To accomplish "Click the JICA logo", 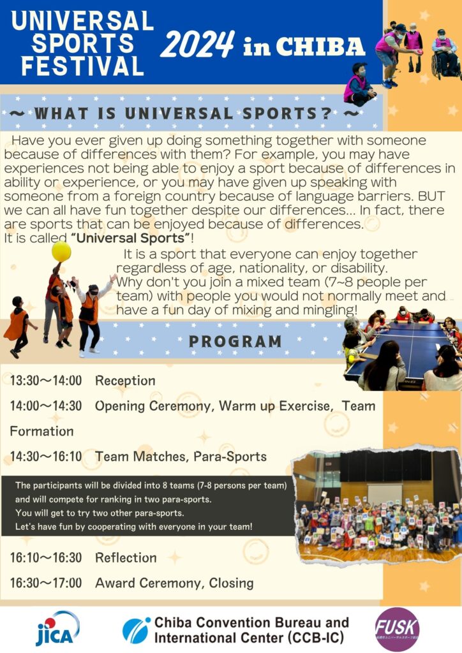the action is pyautogui.click(x=57, y=628).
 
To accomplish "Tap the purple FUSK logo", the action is pyautogui.click(x=397, y=629).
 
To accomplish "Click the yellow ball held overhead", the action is pyautogui.click(x=61, y=251).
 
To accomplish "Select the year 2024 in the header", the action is pyautogui.click(x=198, y=45).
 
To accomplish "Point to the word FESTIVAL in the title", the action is pyautogui.click(x=82, y=66).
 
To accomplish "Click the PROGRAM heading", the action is pyautogui.click(x=235, y=342).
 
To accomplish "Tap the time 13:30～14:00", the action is pyautogui.click(x=46, y=380).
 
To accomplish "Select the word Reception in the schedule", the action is pyautogui.click(x=126, y=381).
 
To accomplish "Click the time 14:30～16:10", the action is pyautogui.click(x=46, y=457).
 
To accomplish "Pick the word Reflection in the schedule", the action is pyautogui.click(x=126, y=557).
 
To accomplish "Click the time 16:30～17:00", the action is pyautogui.click(x=46, y=583).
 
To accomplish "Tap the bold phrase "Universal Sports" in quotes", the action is pyautogui.click(x=130, y=238).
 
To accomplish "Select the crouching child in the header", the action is pyautogui.click(x=359, y=84).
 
